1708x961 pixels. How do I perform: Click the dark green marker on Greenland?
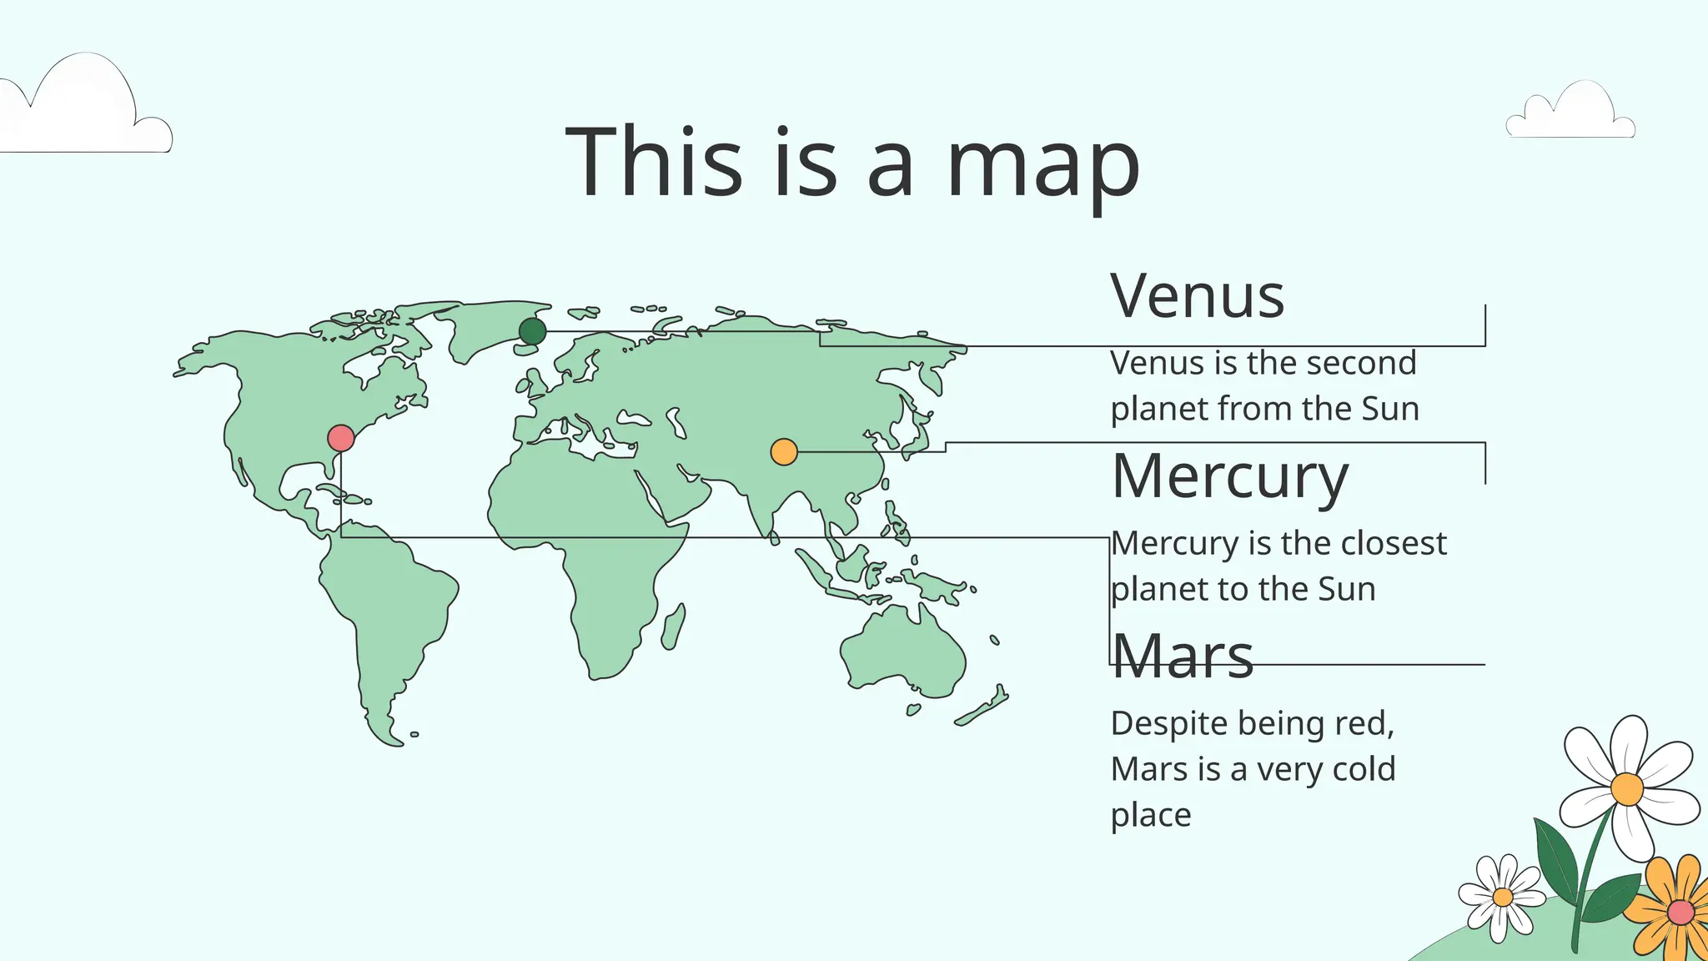click(532, 331)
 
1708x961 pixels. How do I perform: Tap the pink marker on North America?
click(341, 438)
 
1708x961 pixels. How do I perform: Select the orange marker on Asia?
click(784, 452)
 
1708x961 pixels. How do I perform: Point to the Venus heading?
click(1197, 296)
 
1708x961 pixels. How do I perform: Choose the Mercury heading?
click(1230, 477)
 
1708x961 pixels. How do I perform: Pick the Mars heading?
click(1183, 657)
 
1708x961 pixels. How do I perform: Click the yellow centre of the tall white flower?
click(1627, 788)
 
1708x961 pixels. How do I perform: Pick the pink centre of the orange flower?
click(1680, 912)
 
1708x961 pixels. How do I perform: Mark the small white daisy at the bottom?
click(1502, 897)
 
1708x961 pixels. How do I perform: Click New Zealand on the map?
click(984, 707)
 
